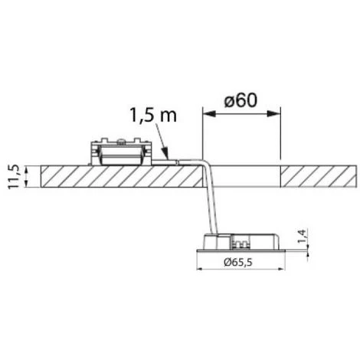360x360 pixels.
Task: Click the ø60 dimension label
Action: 241,100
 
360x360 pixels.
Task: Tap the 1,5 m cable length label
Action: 153,115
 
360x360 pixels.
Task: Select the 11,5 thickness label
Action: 13,176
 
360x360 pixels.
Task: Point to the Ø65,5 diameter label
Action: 238,262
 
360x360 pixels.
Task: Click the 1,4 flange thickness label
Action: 302,236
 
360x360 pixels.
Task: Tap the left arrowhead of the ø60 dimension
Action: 209,114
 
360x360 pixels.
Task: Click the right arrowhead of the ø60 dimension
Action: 274,114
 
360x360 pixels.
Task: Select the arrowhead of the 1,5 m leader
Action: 166,155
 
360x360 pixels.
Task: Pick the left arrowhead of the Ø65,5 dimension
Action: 200,269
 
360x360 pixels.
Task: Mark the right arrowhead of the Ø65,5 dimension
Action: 281,269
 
